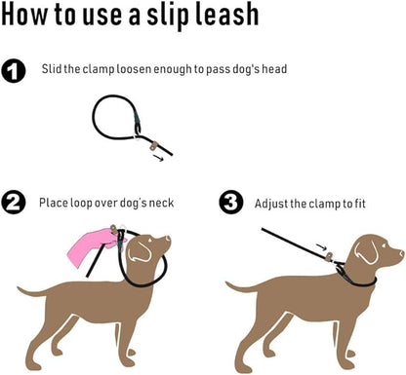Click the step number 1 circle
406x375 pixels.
coord(15,70)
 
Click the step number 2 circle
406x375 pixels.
coord(15,204)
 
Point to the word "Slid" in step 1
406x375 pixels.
coord(53,69)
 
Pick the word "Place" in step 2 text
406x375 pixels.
coord(55,203)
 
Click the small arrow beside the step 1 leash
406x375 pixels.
coord(159,156)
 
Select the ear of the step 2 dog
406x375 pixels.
coord(142,250)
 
